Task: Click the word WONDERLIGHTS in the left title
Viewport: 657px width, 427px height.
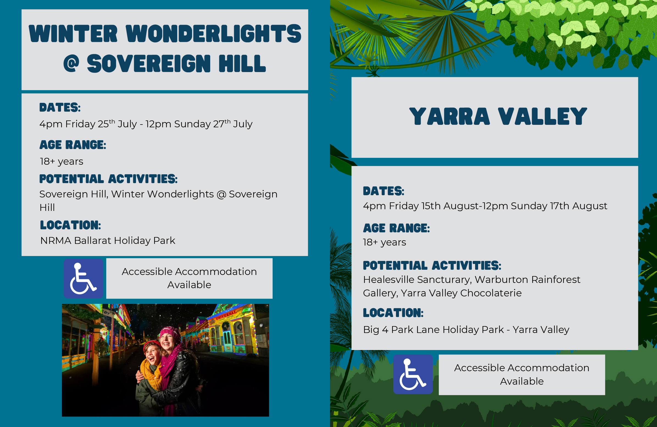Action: tap(214, 34)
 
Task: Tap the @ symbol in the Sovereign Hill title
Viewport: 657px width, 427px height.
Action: tap(71, 64)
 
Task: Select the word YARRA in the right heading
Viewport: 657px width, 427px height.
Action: tap(450, 116)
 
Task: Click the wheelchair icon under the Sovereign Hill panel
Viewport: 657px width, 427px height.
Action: tap(83, 279)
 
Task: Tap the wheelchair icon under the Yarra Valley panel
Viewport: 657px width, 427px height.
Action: tap(413, 374)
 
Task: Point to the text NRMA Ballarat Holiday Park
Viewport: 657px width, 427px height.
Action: tap(108, 241)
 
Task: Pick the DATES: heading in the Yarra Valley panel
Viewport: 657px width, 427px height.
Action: tap(383, 191)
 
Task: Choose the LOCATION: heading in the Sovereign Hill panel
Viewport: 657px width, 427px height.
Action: tap(70, 225)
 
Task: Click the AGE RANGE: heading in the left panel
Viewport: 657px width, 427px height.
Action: tap(73, 145)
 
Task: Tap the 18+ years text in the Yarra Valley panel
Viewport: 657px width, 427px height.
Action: tap(384, 242)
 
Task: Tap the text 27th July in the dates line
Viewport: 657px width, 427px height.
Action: tap(233, 123)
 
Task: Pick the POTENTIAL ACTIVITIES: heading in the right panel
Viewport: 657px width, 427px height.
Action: tap(432, 265)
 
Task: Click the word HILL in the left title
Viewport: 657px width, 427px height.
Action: tap(242, 64)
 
